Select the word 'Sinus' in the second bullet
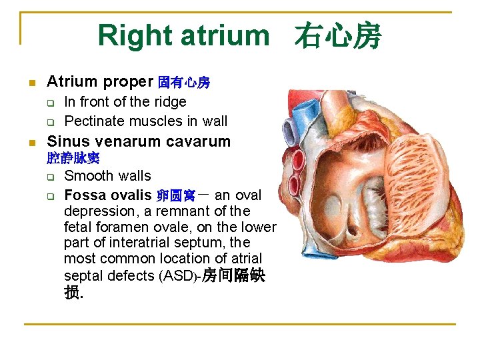pyautogui.click(x=69, y=141)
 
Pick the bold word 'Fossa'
pyautogui.click(x=84, y=195)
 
